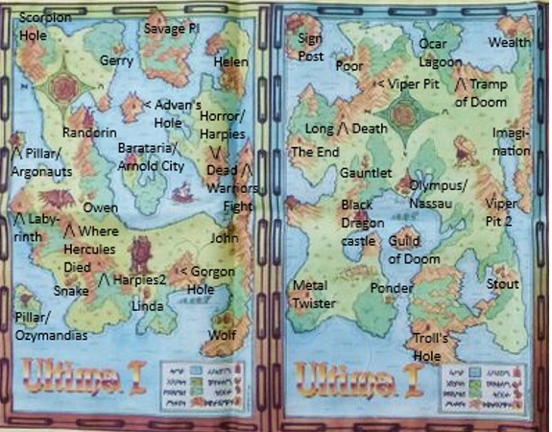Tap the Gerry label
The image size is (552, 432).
pyautogui.click(x=116, y=60)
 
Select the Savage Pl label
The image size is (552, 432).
pyautogui.click(x=171, y=29)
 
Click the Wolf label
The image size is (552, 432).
pyautogui.click(x=222, y=336)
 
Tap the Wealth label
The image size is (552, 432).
pyautogui.click(x=510, y=43)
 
